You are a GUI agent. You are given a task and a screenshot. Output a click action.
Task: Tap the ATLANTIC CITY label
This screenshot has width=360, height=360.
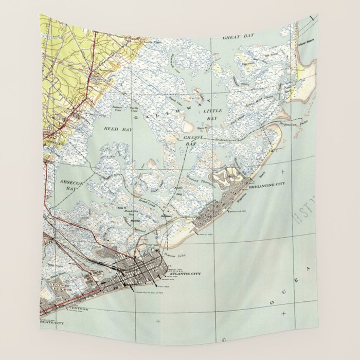coord(184,273)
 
